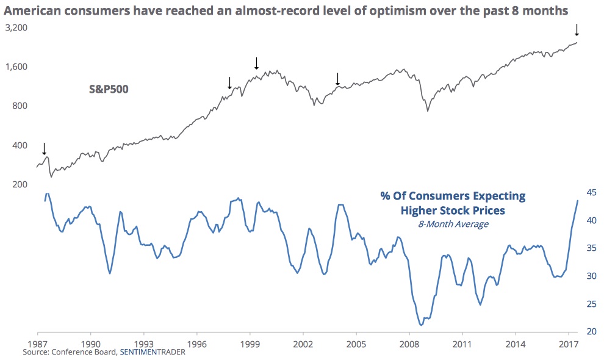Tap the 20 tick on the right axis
[x=591, y=332]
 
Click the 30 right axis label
[x=591, y=276]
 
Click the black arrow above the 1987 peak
[x=44, y=148]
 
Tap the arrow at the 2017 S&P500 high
[x=577, y=29]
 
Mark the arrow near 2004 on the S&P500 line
[x=337, y=78]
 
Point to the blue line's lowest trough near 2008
[x=422, y=325]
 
